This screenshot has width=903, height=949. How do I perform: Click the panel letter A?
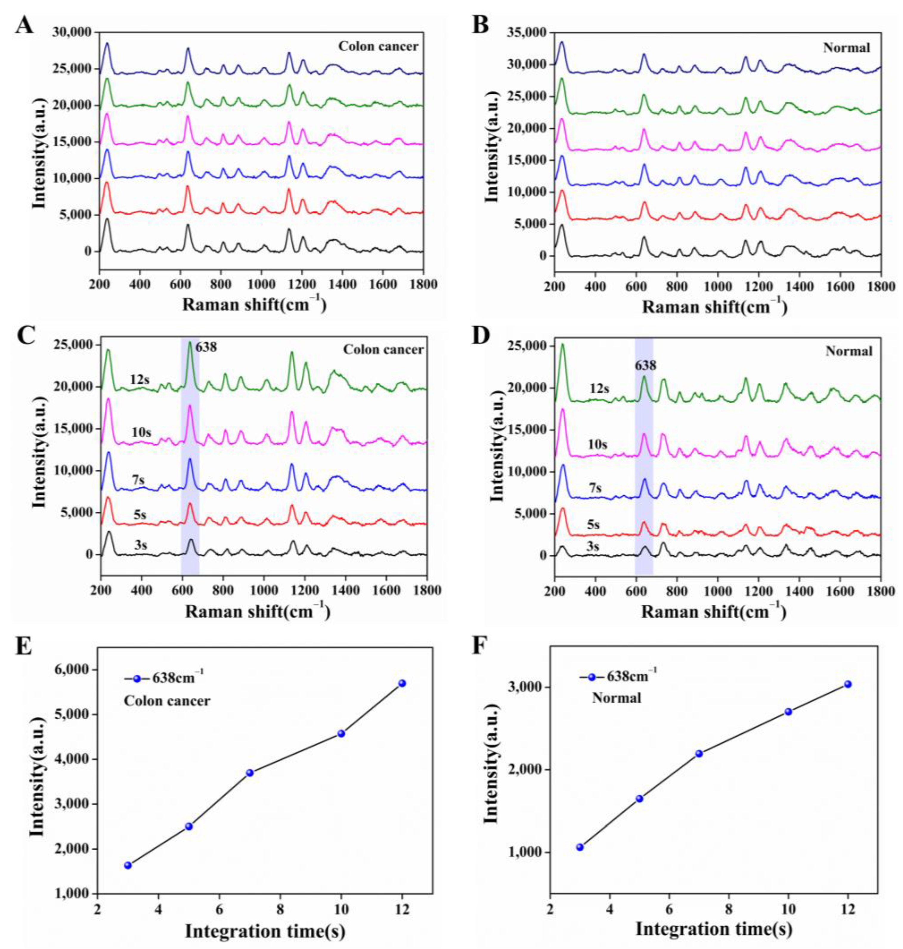(x=24, y=24)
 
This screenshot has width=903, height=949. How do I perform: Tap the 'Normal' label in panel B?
(x=846, y=48)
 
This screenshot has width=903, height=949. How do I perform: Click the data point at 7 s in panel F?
(x=699, y=754)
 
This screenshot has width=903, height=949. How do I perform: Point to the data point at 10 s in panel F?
(x=788, y=712)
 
